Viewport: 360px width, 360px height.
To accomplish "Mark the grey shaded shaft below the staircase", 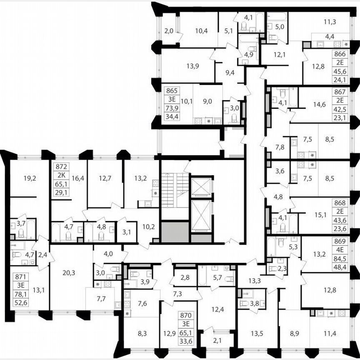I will coord(175,232).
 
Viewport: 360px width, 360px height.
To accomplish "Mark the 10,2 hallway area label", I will coord(146,227).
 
